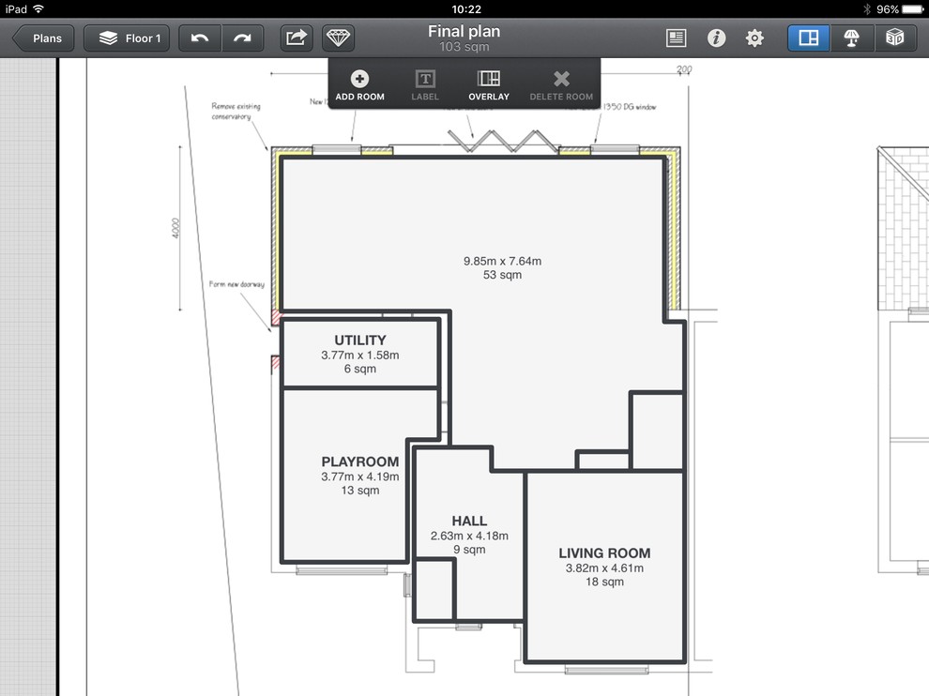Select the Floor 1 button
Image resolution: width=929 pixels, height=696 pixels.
tap(129, 38)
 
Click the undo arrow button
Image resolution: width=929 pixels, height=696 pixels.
tap(199, 38)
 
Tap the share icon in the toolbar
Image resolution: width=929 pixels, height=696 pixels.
tap(296, 38)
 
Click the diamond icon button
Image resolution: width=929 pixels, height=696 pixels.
tap(338, 38)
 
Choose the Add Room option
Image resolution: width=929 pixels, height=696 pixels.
tap(359, 85)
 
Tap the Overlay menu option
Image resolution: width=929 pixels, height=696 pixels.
tap(489, 85)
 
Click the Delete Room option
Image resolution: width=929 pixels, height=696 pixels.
tap(561, 85)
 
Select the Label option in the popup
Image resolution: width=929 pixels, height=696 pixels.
tap(425, 85)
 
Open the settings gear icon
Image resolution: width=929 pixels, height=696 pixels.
tap(754, 38)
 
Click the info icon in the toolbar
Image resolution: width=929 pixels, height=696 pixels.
tap(716, 38)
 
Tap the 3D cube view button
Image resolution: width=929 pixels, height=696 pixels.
tap(895, 38)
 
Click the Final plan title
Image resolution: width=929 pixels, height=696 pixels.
tap(464, 32)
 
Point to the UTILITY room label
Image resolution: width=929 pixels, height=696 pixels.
tap(360, 340)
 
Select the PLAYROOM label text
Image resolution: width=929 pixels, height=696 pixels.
tap(360, 461)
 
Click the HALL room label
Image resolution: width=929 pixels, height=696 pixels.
tap(469, 522)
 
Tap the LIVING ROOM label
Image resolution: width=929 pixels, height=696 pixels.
tap(604, 553)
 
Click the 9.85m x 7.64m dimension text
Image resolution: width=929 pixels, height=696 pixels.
tap(503, 261)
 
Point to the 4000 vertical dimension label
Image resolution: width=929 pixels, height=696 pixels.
tap(175, 230)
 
